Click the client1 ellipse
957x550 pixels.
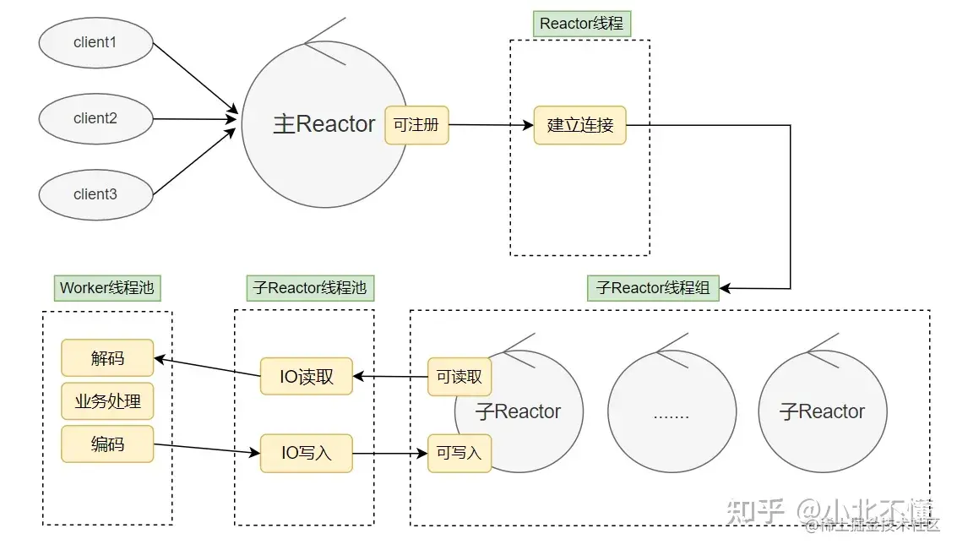pos(95,42)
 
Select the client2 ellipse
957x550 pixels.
pos(95,118)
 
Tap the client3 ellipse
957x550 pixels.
pos(95,194)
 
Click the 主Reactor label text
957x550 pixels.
pos(324,124)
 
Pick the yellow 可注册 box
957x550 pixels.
pos(416,125)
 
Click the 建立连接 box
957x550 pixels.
pos(580,126)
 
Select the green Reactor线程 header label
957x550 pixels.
pos(581,24)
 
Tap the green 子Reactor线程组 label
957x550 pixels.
pos(653,287)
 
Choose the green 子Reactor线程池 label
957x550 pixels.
pos(310,287)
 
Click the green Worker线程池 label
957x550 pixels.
pos(107,287)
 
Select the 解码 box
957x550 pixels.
pos(107,358)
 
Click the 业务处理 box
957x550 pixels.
pos(107,401)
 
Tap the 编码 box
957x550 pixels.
pos(107,444)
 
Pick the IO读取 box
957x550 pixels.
pos(306,377)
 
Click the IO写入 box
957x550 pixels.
pos(306,454)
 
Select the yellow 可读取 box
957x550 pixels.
pos(459,377)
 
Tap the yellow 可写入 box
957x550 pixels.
pos(459,454)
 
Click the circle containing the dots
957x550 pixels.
pos(672,414)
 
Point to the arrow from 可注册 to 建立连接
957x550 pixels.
pos(491,125)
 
